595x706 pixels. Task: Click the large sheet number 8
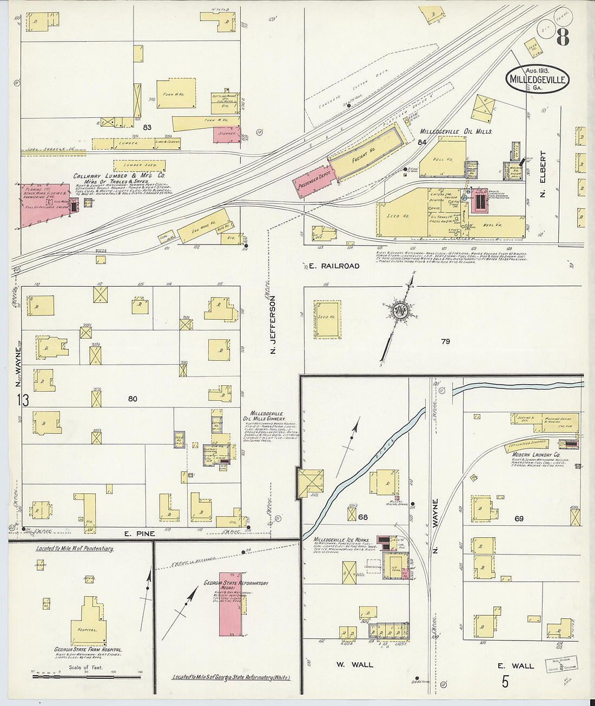point(563,38)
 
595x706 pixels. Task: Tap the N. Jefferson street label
point(273,325)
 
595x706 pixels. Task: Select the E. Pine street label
point(140,534)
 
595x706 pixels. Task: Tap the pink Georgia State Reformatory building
point(230,604)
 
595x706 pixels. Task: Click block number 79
point(445,341)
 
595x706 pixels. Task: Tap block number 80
point(133,399)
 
